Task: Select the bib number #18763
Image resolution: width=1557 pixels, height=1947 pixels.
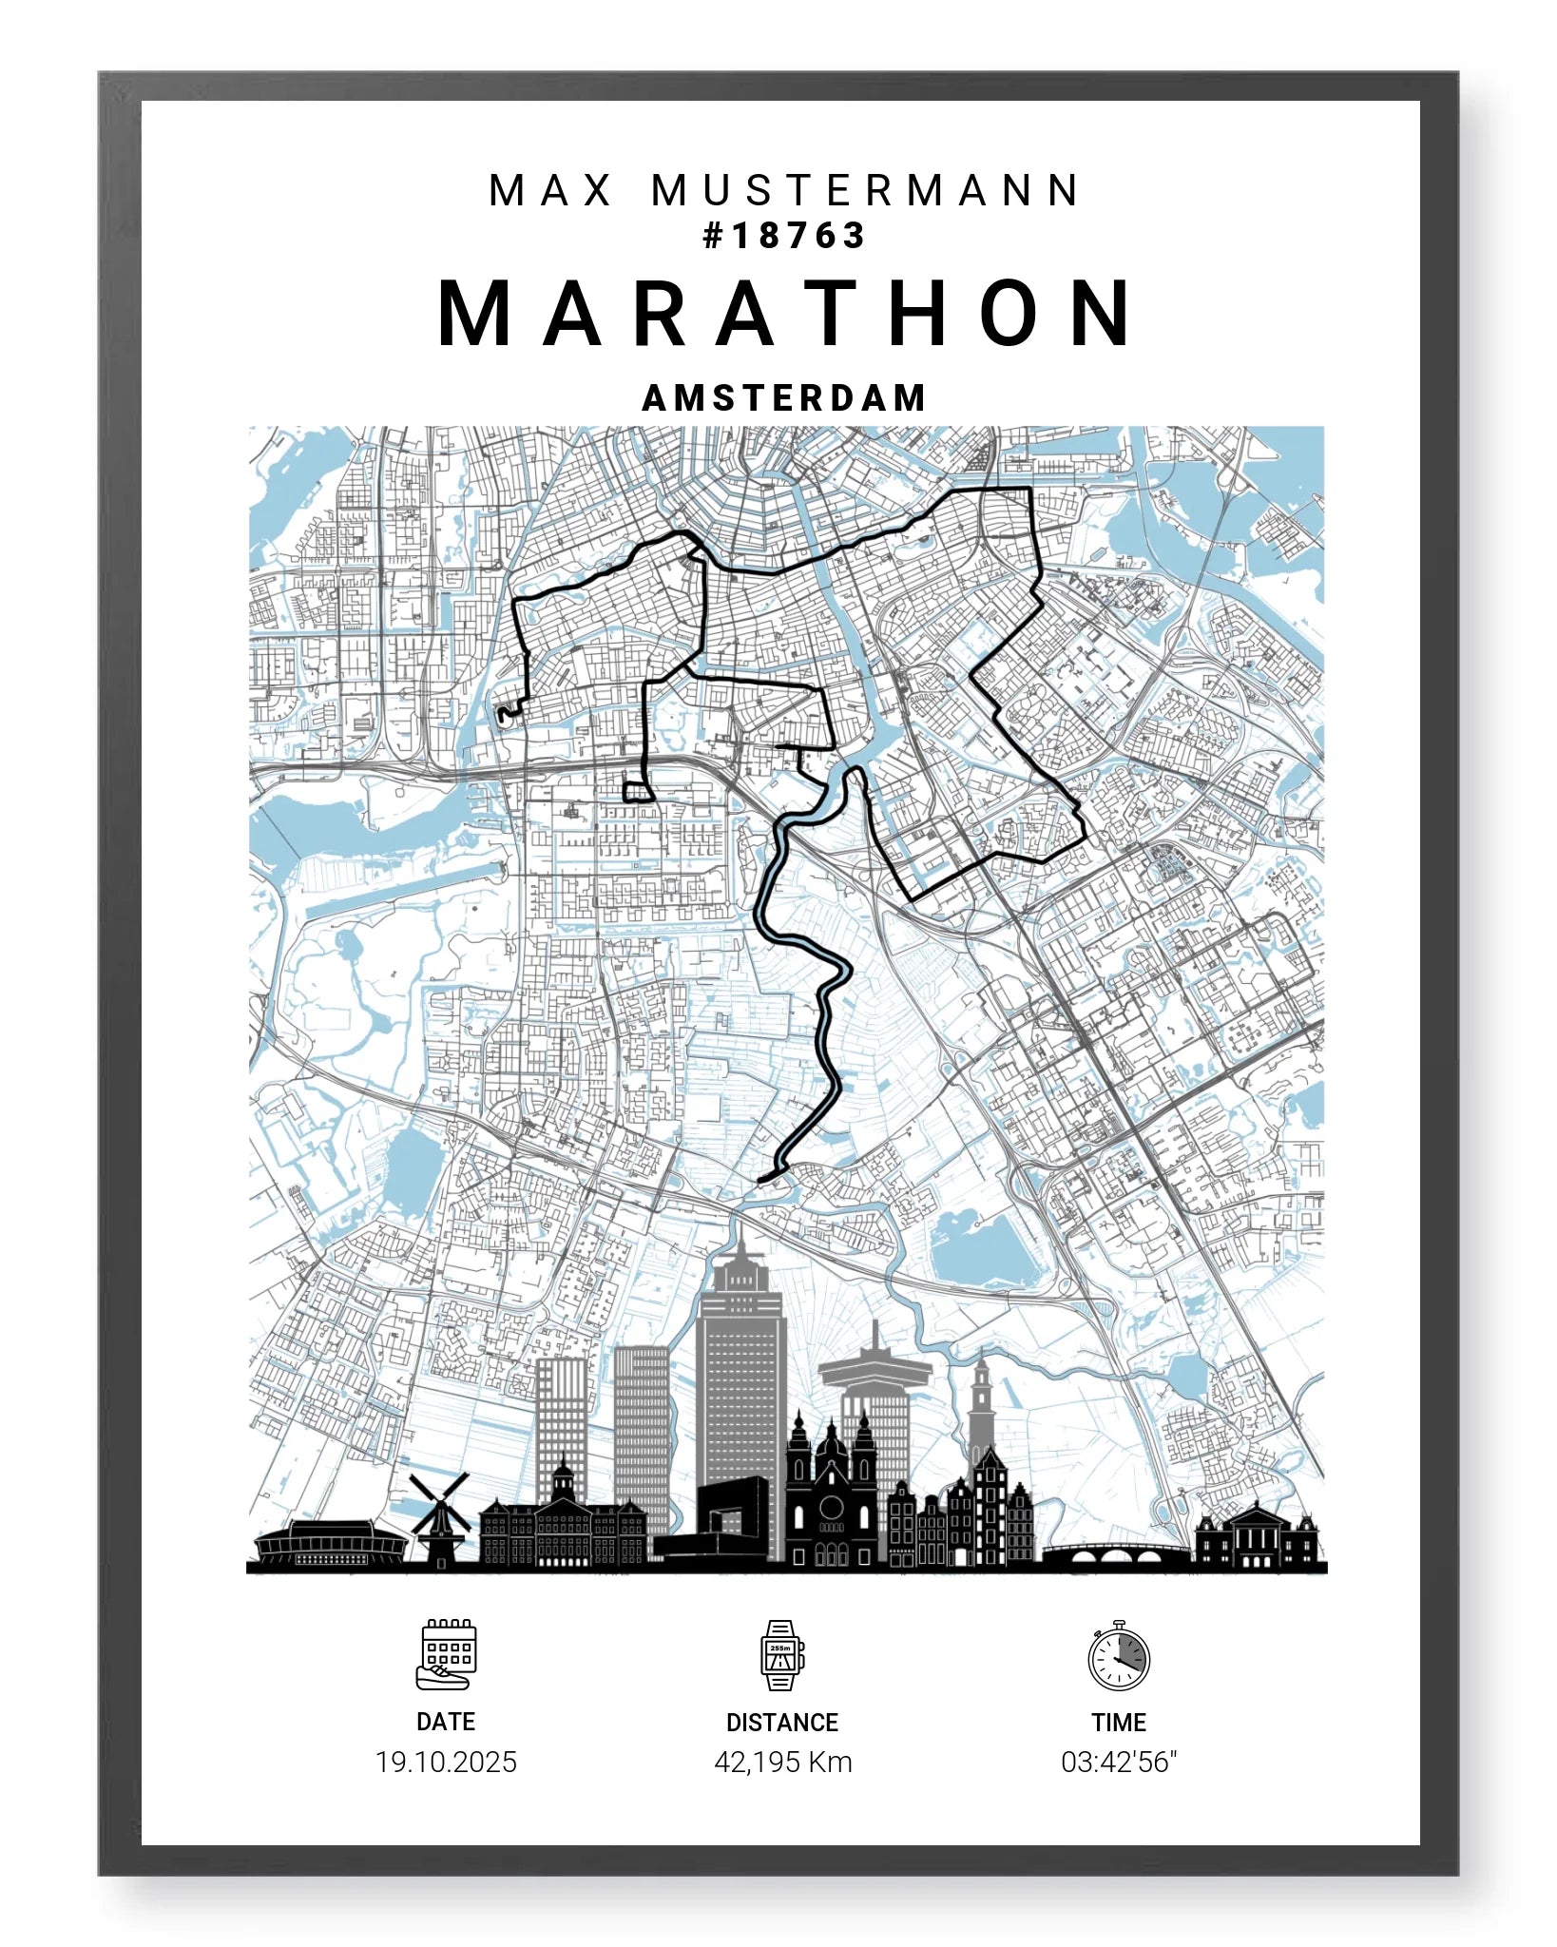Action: coord(783,236)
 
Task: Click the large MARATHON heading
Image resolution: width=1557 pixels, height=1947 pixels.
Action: coord(785,314)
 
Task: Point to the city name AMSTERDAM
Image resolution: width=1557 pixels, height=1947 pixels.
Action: coord(784,398)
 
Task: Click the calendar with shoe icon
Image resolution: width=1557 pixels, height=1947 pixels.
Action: coord(446,1655)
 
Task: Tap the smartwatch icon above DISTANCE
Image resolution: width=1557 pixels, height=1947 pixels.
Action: coord(782,1655)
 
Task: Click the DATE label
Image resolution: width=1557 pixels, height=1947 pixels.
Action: coord(446,1722)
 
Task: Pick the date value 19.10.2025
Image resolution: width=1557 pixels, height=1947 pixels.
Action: coord(446,1763)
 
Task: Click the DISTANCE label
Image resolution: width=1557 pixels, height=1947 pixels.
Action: coord(782,1723)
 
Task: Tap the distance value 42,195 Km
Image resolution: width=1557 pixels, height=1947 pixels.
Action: coord(782,1763)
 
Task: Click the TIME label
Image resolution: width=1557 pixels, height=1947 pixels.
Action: coord(1119,1723)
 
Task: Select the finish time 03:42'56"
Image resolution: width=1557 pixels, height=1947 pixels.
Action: coord(1119,1763)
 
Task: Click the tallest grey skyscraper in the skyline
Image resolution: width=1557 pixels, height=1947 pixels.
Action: coord(740,1369)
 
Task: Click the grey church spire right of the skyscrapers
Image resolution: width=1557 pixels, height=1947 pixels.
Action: coord(981,1407)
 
